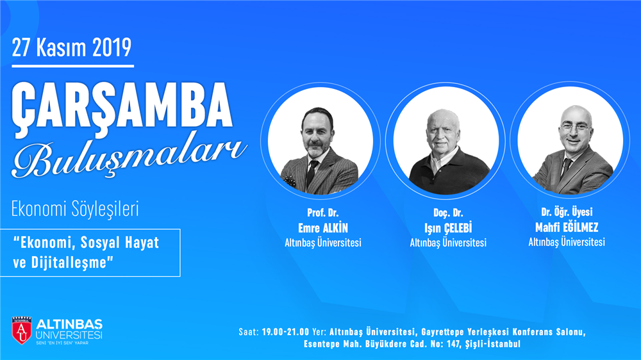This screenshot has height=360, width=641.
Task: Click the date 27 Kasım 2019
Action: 72,47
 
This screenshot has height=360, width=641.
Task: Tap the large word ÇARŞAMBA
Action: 122,106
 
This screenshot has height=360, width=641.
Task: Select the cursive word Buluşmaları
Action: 130,157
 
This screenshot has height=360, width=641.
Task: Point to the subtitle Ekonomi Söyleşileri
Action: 75,209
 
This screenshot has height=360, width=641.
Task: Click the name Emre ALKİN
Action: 323,227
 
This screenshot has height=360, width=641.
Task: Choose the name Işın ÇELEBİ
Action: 448,228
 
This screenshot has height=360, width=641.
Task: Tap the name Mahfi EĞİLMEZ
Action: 567,227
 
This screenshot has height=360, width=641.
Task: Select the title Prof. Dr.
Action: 323,213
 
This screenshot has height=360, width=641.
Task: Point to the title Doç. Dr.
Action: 448,213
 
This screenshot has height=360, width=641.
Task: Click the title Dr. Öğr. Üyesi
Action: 567,211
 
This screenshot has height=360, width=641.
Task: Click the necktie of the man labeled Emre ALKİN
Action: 311,174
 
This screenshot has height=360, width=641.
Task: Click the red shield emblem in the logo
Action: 22,330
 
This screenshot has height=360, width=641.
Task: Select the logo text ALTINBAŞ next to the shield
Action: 69,325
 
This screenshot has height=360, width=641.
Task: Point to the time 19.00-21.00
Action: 285,331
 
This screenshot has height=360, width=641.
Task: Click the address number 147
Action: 453,344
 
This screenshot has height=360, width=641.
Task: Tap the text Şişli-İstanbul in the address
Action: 492,344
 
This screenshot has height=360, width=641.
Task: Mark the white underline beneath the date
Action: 73,66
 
